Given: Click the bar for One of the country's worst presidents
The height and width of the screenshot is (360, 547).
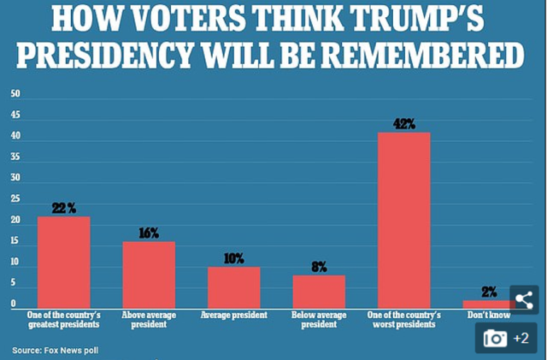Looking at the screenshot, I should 404,220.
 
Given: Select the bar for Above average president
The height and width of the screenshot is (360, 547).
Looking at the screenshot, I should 149,274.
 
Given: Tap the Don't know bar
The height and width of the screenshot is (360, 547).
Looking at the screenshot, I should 489,304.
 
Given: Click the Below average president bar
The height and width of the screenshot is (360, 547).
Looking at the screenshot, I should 320,291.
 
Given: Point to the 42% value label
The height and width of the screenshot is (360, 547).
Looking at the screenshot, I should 404,124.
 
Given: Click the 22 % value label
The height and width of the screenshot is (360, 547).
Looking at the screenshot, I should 63,208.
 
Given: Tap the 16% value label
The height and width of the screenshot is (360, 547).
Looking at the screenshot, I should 149,233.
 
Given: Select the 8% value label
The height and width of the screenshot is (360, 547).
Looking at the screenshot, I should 320,267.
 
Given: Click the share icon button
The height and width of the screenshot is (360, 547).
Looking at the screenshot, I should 523,300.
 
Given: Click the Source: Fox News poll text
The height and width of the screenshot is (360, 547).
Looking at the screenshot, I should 50,350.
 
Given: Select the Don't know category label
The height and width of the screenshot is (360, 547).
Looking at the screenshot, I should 489,315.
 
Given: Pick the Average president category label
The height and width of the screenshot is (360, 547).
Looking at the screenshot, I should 233,315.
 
